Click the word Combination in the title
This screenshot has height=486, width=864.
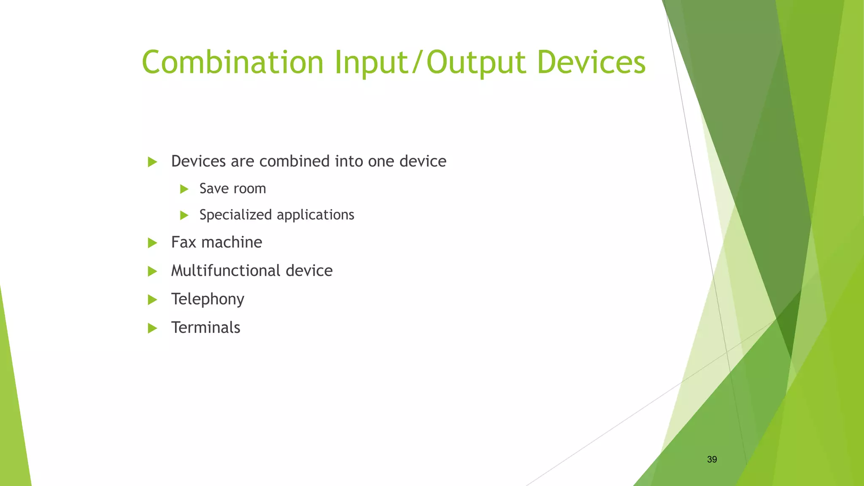point(232,62)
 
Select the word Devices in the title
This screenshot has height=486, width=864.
point(591,62)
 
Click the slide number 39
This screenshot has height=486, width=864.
point(712,459)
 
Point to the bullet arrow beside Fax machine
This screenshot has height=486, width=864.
point(152,243)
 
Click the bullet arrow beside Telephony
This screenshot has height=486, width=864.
point(152,300)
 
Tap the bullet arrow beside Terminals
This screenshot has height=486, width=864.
point(152,328)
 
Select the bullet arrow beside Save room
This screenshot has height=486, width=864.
point(184,189)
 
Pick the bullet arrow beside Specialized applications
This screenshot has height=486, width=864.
point(184,216)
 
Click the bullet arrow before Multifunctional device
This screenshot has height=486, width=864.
point(152,271)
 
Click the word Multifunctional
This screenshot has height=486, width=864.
point(225,270)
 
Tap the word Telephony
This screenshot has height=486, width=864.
point(208,300)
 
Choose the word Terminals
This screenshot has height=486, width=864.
point(205,327)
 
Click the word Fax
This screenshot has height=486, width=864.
point(184,242)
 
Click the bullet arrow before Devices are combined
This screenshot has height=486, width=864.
point(152,162)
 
